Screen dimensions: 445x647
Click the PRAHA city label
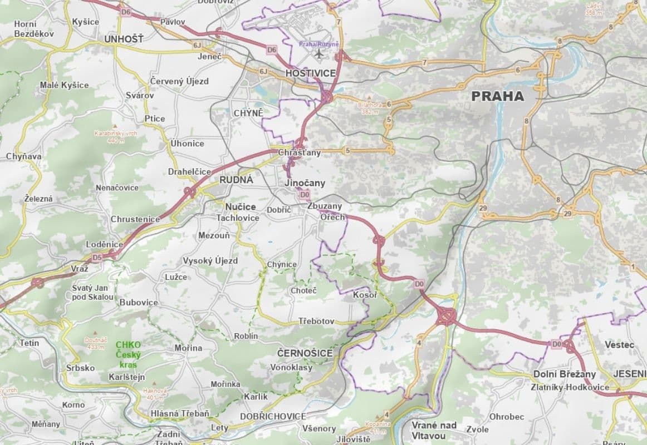click(497, 96)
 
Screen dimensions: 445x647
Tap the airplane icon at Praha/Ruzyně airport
click(318, 54)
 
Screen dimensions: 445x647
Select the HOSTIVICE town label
click(311, 73)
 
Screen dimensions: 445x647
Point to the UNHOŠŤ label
click(124, 39)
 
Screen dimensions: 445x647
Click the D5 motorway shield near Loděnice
click(97, 258)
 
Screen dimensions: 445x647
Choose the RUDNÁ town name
click(236, 180)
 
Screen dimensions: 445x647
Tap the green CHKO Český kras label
click(129, 350)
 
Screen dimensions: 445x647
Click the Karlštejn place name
click(126, 377)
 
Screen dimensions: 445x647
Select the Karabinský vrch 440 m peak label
click(116, 137)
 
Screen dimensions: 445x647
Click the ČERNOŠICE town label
click(305, 353)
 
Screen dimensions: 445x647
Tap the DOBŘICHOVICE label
click(273, 416)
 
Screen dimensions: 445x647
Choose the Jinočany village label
click(305, 183)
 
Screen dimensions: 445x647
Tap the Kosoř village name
click(365, 295)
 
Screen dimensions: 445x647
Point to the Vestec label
click(619, 345)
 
